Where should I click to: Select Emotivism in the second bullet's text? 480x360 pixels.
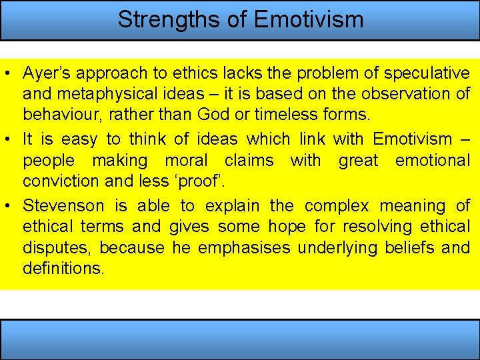click(x=411, y=139)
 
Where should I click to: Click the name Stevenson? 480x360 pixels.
click(x=63, y=206)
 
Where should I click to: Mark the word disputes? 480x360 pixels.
click(x=57, y=248)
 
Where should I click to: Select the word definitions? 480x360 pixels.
click(x=63, y=269)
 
